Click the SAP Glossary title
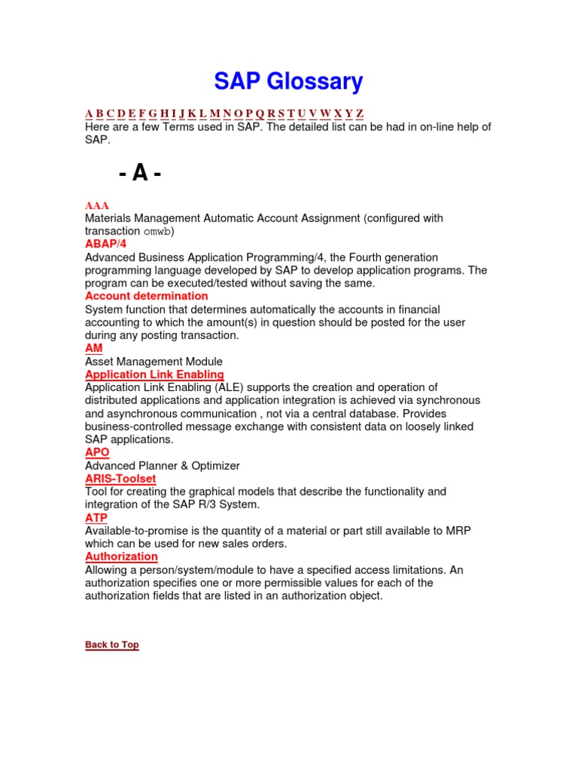(288, 81)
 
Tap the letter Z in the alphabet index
(360, 114)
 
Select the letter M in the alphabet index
(214, 114)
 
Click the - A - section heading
(140, 174)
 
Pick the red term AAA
(97, 205)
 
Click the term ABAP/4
(106, 244)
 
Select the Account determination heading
(147, 296)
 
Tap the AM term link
(94, 348)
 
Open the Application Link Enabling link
(154, 374)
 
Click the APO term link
(97, 453)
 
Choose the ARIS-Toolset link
(120, 478)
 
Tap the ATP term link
(96, 518)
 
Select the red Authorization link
(121, 556)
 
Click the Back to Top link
(112, 644)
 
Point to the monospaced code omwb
(157, 232)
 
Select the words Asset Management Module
(154, 362)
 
